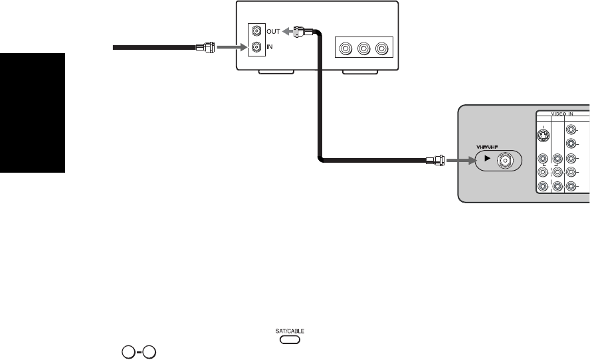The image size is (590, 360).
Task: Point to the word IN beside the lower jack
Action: click(270, 47)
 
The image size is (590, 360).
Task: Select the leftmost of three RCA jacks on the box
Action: click(345, 48)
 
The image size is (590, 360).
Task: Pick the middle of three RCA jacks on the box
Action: click(363, 48)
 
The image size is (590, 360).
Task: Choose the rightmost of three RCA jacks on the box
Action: click(381, 48)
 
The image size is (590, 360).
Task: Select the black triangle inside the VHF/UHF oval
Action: click(487, 159)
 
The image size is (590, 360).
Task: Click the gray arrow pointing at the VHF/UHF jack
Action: click(458, 159)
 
